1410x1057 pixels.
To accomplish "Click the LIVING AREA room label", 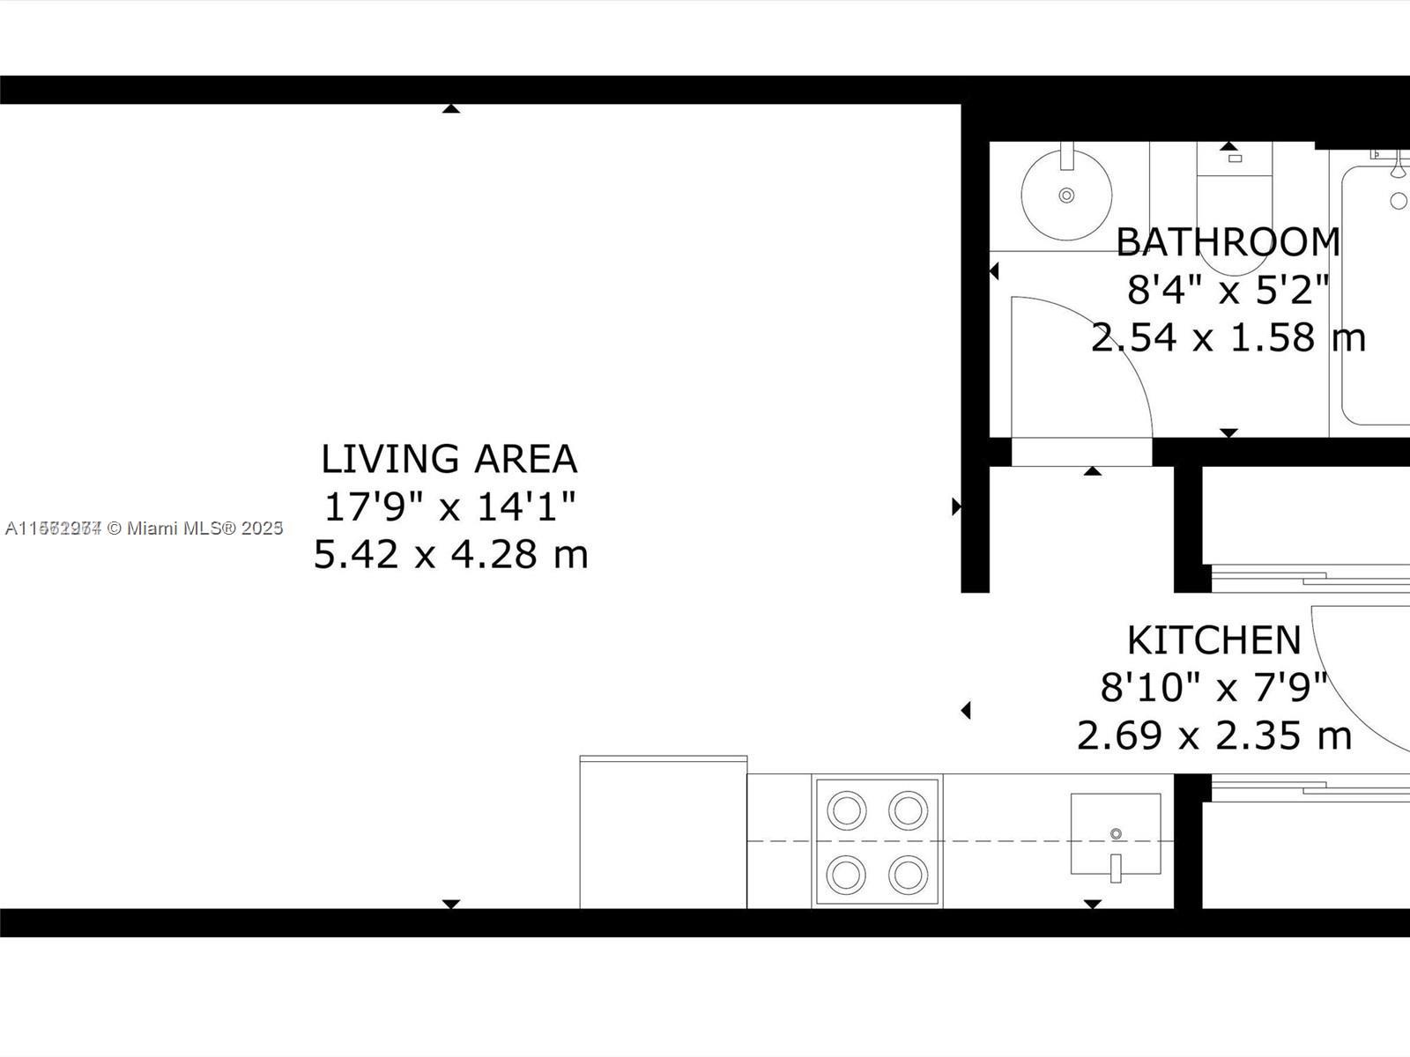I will tap(449, 459).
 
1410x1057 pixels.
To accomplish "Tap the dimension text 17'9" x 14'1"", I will tap(450, 506).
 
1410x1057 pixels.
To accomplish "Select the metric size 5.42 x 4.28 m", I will tap(450, 554).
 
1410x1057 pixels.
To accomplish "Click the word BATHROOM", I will tap(1228, 242).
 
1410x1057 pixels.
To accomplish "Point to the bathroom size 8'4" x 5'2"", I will tap(1228, 290).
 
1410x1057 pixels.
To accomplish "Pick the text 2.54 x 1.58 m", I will tap(1228, 337).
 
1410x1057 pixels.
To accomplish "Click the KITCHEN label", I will tap(1214, 640).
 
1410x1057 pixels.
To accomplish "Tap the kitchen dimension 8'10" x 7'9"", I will tap(1214, 688).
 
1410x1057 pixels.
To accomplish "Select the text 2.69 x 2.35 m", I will tap(1214, 735).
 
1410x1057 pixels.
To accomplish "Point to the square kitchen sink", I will tap(1116, 833).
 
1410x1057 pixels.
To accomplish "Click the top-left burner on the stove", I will tap(847, 809).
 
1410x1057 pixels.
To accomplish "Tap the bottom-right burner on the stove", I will tap(909, 875).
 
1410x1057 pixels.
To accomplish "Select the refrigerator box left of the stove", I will tap(663, 832).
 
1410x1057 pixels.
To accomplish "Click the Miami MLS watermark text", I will tap(144, 528).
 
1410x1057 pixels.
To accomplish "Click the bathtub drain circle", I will tap(1399, 201).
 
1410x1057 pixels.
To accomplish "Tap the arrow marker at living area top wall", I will tap(451, 108).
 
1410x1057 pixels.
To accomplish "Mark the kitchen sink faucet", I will tap(1116, 868).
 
